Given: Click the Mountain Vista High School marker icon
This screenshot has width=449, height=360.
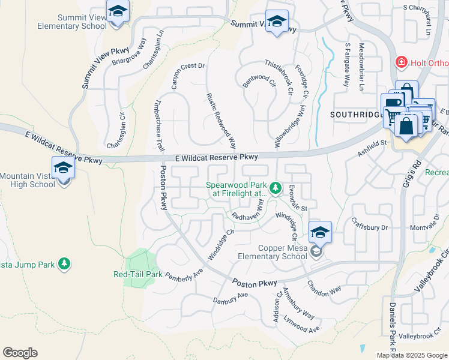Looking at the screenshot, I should (x=63, y=169).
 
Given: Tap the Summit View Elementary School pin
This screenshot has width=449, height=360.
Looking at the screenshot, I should (x=118, y=11).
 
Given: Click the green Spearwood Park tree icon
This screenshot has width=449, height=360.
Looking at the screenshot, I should (x=275, y=189).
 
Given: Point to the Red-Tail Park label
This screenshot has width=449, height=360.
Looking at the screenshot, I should (x=138, y=274).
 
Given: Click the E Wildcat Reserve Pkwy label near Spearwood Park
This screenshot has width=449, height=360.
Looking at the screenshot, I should (x=217, y=157).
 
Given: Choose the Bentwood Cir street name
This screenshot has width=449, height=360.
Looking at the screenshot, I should (x=259, y=80).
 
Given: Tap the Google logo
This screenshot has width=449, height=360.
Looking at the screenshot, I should (x=20, y=353).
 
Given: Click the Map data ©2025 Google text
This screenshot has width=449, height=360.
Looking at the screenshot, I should (x=412, y=355).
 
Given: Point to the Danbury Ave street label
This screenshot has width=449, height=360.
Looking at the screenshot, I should (x=231, y=298).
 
